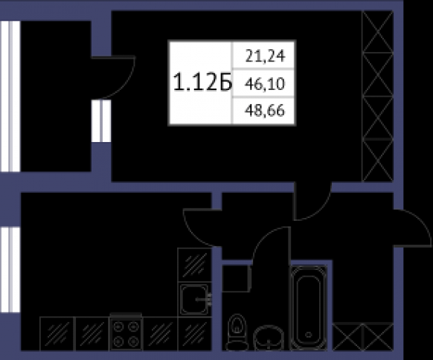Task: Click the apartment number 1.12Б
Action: [202, 83]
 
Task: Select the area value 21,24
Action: [265, 57]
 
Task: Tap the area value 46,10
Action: [265, 83]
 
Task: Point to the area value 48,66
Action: [265, 111]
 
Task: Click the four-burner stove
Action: [126, 332]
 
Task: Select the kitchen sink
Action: [195, 299]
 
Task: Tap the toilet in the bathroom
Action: [237, 332]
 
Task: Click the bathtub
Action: [309, 307]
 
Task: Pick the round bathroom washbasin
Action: [269, 338]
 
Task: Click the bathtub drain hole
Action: [309, 335]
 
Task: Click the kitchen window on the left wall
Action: [10, 269]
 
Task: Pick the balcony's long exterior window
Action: [10, 96]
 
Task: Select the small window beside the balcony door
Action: [101, 121]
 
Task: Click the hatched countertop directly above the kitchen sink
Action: [195, 265]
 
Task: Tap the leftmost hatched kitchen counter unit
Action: [57, 334]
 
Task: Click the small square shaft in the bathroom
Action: [237, 278]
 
